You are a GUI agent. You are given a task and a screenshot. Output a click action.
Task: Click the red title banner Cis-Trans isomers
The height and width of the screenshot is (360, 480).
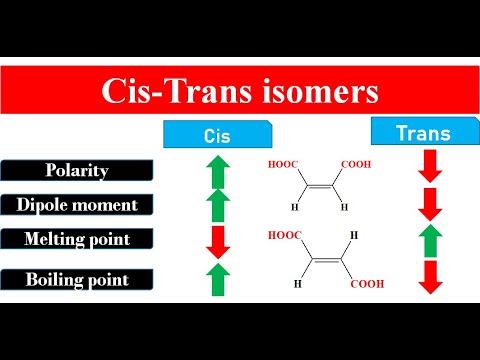click(240, 93)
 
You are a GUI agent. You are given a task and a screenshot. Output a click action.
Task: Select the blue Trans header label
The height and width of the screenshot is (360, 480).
click(423, 132)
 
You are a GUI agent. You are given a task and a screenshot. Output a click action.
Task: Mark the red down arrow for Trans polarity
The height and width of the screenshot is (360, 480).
click(430, 165)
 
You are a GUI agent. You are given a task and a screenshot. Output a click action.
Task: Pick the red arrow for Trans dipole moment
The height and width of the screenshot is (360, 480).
click(430, 203)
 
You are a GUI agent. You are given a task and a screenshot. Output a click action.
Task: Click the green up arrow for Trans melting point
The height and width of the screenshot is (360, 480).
click(430, 241)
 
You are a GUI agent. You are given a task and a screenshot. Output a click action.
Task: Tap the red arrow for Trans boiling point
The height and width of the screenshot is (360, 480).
click(430, 277)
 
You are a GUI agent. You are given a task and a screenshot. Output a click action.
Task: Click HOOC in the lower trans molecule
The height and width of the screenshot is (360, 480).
click(285, 237)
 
